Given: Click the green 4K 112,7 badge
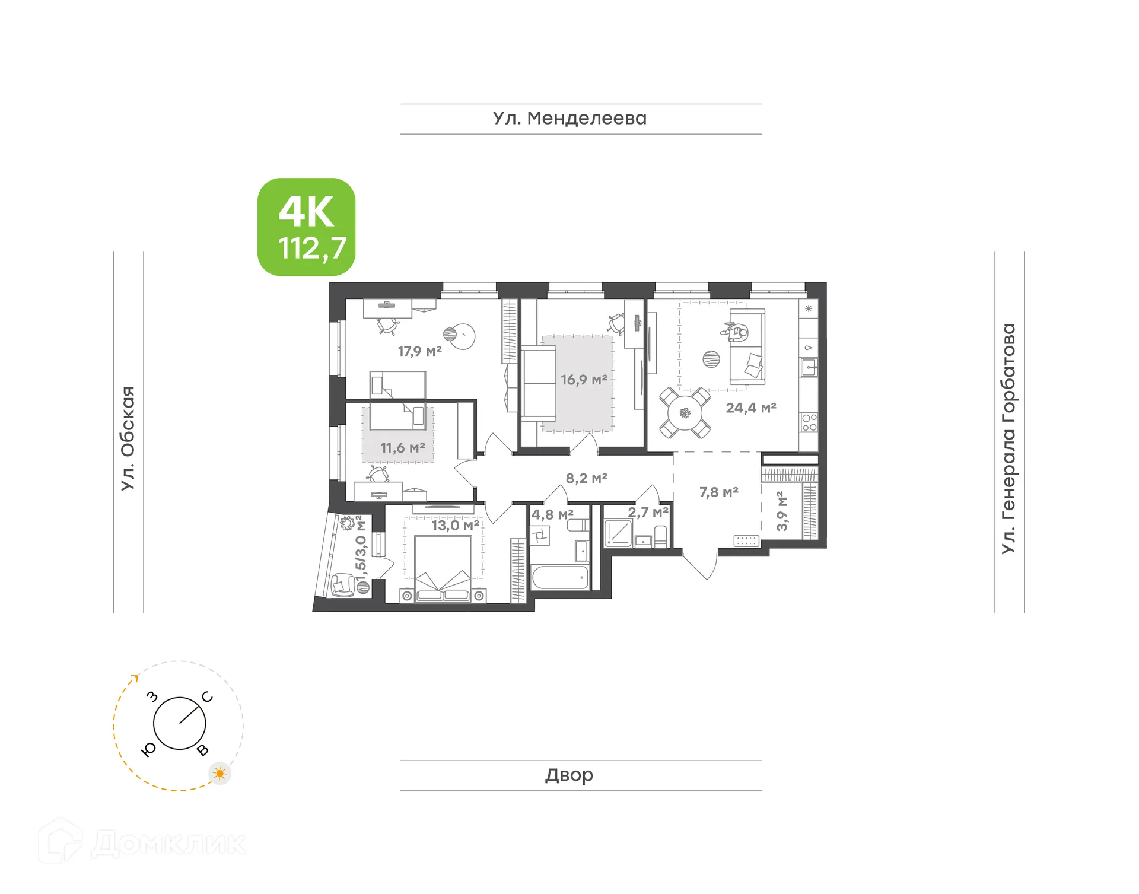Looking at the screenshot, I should [306, 227].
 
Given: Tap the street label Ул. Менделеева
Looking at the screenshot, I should [569, 119].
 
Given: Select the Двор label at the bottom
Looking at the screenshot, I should [569, 775].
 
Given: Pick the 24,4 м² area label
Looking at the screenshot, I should [751, 408].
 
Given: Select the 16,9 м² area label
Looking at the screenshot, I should [584, 380].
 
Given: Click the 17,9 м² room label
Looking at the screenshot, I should [419, 351].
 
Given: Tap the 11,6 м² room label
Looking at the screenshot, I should [403, 447].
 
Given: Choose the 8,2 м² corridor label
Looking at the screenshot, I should [586, 478].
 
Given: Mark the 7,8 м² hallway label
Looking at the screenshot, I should [718, 492].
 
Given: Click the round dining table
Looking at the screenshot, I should [685, 413].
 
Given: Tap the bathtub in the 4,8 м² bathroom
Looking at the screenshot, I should [560, 577].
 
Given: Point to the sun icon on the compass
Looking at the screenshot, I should [220, 774].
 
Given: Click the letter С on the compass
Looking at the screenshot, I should [207, 697].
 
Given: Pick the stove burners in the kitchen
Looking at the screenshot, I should [809, 422].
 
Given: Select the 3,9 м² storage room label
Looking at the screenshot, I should [782, 511].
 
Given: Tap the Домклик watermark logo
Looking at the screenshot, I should [142, 842].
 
